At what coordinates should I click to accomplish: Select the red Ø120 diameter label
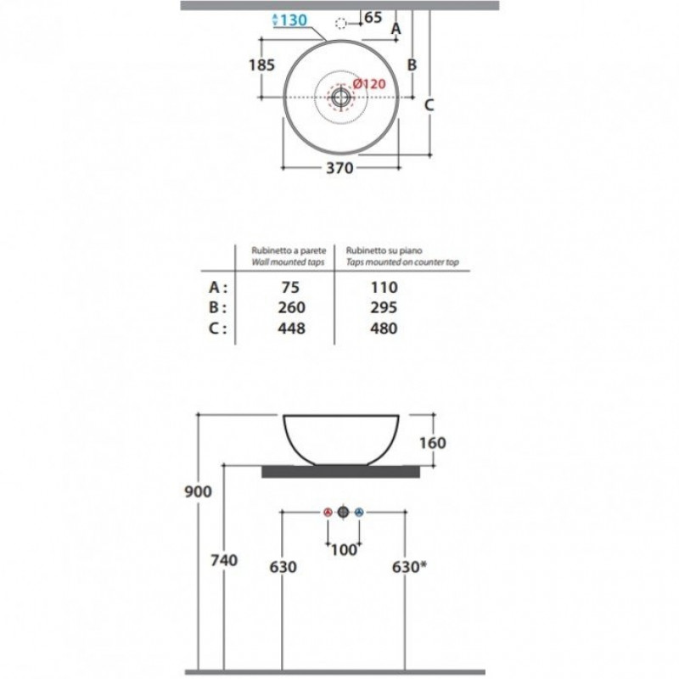368,83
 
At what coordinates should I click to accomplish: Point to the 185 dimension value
261,65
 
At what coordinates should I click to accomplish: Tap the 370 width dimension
339,167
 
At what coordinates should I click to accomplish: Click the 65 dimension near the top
373,18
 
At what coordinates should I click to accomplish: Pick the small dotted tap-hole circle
341,24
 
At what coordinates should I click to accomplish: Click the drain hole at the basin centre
341,98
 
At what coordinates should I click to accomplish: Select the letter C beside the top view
429,104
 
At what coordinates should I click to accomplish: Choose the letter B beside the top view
412,65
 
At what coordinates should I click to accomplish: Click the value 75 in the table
290,287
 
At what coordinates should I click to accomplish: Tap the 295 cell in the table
384,307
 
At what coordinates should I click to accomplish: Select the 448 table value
291,328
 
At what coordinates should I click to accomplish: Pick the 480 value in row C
384,328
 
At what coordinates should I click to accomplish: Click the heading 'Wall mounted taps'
288,262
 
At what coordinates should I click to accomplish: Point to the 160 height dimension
432,442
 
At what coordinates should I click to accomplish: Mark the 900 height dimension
198,491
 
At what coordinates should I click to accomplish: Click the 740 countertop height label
224,560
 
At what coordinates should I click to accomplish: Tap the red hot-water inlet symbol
328,513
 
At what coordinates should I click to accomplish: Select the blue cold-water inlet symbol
359,513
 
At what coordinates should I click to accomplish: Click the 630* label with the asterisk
409,566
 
